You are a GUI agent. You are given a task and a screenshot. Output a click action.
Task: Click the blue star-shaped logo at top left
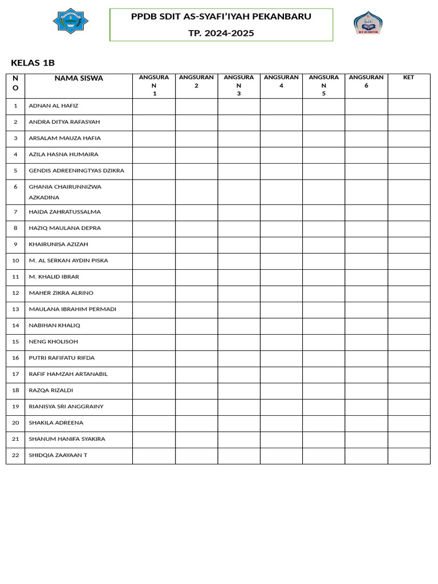tap(71, 21)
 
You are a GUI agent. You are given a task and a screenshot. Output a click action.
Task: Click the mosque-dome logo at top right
tap(368, 23)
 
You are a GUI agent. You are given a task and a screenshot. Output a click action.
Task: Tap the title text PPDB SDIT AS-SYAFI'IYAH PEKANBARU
tap(221, 17)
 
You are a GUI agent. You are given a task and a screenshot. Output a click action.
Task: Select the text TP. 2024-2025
tap(221, 33)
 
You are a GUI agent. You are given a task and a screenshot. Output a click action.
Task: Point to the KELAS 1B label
tap(33, 63)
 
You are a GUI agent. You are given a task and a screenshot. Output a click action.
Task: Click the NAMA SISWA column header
tap(79, 78)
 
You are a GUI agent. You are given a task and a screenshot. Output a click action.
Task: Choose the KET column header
tap(408, 78)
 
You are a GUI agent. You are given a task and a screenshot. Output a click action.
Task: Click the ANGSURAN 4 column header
tap(281, 82)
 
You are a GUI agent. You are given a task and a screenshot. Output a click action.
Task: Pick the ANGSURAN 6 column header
tap(366, 82)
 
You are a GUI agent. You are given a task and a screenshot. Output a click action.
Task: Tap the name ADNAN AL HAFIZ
tap(54, 106)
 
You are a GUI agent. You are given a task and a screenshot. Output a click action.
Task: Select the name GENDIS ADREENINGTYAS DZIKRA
tap(76, 171)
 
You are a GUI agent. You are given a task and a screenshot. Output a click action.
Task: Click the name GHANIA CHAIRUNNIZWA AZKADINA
tap(65, 192)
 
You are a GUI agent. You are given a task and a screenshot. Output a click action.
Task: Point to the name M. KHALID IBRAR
tap(54, 277)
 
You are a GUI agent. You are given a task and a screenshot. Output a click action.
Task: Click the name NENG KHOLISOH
tap(54, 342)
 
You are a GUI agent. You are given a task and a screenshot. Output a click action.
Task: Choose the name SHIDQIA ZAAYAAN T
tap(58, 455)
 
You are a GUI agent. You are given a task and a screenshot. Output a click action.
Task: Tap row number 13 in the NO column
tap(15, 309)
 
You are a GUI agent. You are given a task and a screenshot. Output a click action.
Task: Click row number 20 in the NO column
tap(15, 423)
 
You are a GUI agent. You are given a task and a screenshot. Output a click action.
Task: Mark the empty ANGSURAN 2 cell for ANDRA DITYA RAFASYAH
tap(196, 122)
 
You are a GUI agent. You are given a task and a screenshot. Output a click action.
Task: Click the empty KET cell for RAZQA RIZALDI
tap(408, 391)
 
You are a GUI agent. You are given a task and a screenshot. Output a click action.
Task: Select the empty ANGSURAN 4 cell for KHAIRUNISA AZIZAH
tap(281, 245)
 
